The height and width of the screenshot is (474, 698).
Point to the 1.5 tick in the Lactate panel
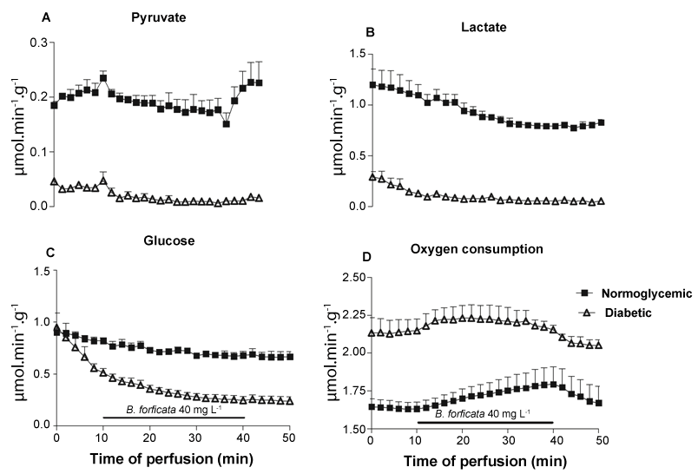coord(350,53)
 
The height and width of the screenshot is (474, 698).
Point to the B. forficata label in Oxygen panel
coord(484,415)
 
